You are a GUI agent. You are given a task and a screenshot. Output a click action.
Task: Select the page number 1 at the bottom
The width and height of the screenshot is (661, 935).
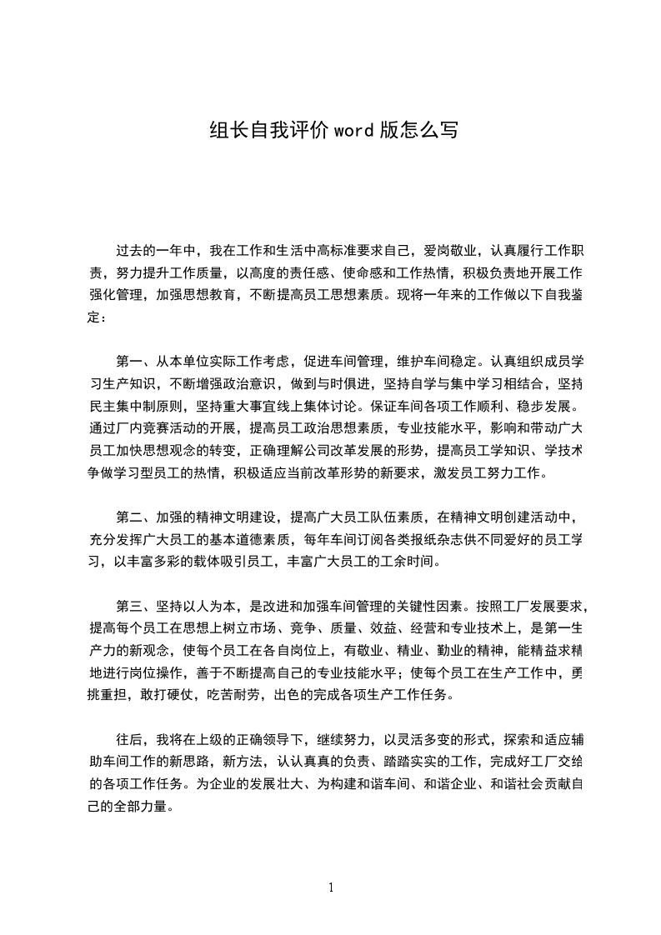click(x=331, y=887)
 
